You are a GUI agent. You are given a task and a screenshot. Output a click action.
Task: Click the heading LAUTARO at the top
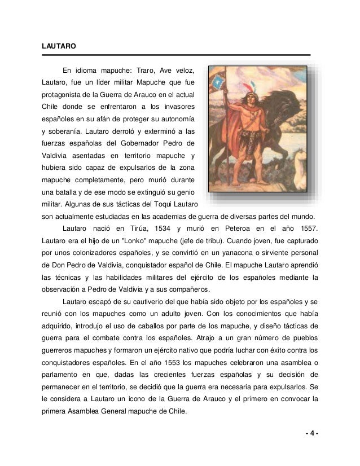point(59,44)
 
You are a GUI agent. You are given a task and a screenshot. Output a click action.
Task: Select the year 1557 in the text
point(309,228)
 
